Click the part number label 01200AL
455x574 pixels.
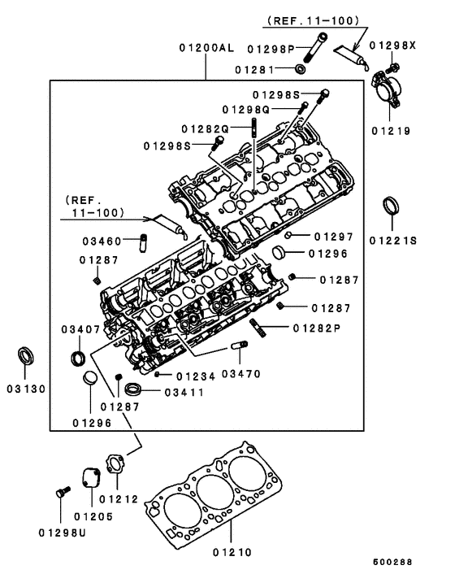click(x=206, y=48)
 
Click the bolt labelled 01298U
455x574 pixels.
click(x=58, y=494)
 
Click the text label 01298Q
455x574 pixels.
click(x=248, y=110)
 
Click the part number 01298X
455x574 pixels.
click(x=392, y=46)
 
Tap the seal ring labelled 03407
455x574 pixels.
click(x=80, y=357)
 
